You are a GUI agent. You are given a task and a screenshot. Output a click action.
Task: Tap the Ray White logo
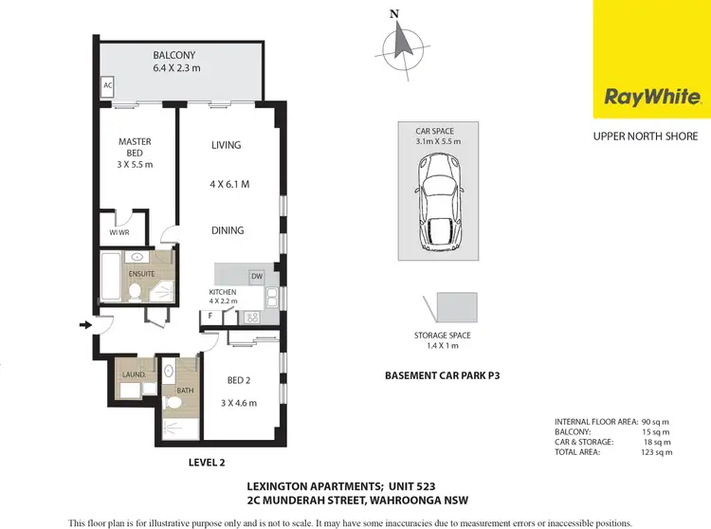pyautogui.click(x=652, y=97)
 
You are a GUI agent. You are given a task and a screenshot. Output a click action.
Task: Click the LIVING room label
pyautogui.click(x=226, y=145)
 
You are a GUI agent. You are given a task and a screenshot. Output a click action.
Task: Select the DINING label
pyautogui.click(x=228, y=230)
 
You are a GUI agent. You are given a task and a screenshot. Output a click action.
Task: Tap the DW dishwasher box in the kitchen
pyautogui.click(x=256, y=276)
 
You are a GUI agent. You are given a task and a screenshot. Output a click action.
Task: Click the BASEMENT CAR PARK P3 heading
pyautogui.click(x=442, y=375)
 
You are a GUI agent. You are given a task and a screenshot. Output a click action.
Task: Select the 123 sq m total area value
pyautogui.click(x=656, y=452)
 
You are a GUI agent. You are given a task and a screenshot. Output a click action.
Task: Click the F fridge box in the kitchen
pyautogui.click(x=210, y=316)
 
